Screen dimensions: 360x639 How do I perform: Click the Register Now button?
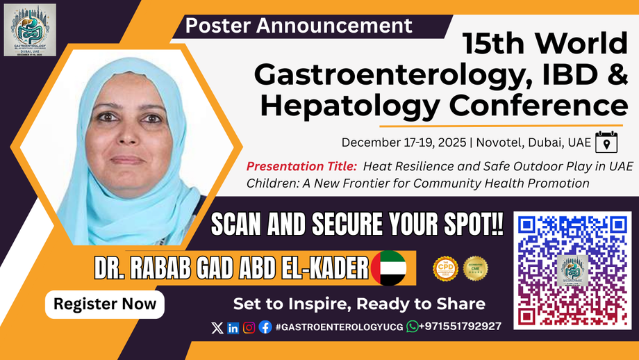[105, 304]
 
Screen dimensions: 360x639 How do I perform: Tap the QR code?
[572, 270]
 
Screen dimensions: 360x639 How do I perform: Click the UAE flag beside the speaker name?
[389, 268]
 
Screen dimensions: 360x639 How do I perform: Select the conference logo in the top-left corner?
[30, 30]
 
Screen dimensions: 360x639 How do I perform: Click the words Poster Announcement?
[299, 26]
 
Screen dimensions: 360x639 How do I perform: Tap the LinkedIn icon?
[233, 327]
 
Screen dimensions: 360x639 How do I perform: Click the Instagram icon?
[249, 327]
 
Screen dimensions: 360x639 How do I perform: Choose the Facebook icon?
[265, 327]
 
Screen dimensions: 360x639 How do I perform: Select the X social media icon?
[217, 327]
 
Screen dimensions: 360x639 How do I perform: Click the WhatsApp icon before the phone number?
[413, 327]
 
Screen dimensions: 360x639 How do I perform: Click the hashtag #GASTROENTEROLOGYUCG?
[340, 327]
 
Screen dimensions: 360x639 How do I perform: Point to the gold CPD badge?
[445, 268]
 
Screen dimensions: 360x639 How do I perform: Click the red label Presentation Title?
[302, 166]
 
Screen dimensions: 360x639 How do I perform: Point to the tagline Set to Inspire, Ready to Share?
[359, 304]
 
